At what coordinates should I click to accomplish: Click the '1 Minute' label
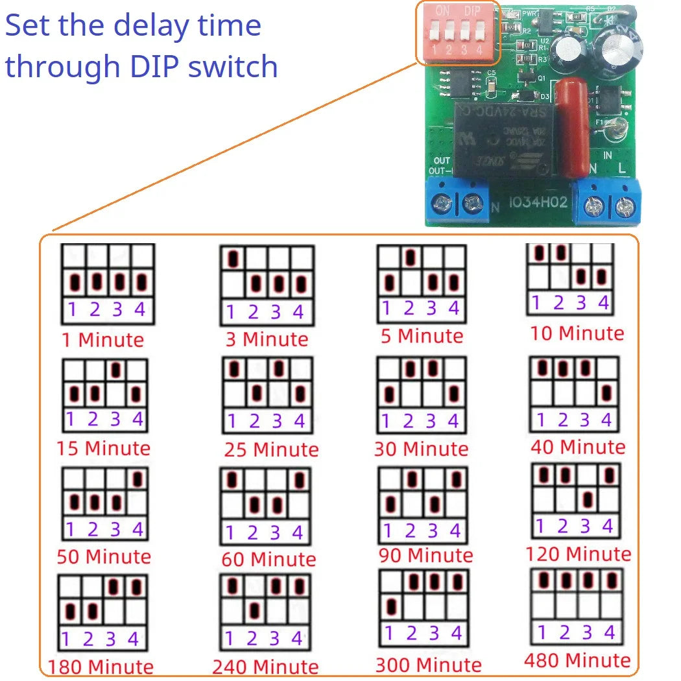[x=102, y=339]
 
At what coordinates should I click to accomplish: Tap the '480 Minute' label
[x=577, y=660]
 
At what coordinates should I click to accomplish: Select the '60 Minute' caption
[x=269, y=558]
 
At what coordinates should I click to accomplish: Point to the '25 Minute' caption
[x=271, y=449]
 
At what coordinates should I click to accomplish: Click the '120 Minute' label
[x=578, y=553]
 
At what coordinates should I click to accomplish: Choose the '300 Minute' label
[x=428, y=664]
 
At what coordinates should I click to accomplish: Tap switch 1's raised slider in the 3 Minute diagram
[x=233, y=259]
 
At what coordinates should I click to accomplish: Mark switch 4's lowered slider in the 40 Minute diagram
[x=606, y=392]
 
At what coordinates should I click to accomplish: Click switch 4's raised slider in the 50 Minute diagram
[x=137, y=479]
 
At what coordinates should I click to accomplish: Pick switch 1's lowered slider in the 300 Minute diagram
[x=390, y=606]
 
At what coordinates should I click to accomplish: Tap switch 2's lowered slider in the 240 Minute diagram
[x=255, y=610]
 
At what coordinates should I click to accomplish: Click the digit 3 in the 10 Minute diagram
[x=581, y=302]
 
